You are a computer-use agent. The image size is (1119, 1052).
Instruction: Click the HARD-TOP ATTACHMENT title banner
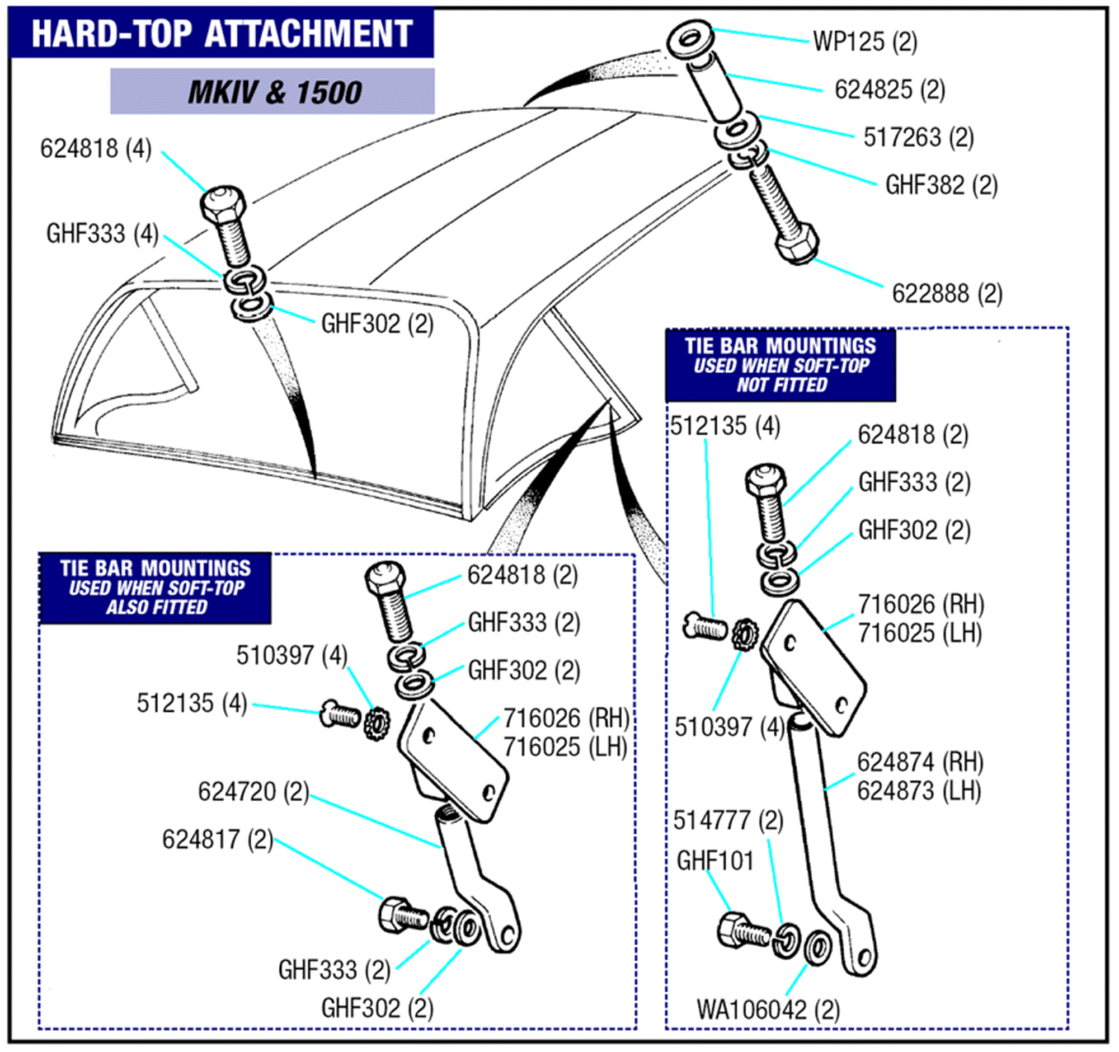coord(221,33)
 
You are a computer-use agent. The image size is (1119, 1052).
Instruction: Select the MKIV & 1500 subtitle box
coord(272,92)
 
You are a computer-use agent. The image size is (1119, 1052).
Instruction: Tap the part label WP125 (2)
coord(864,42)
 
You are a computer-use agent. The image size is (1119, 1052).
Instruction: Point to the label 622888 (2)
coord(947,294)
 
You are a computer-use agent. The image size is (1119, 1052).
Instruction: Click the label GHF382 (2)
coord(941,185)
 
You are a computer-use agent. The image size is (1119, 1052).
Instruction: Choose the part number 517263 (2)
coord(918,137)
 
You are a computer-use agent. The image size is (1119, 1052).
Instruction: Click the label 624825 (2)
coord(890,90)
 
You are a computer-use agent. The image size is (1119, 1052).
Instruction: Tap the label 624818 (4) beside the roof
coord(96,149)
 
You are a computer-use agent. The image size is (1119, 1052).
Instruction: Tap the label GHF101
coord(714,861)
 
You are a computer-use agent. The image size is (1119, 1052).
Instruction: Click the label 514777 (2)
coord(728,820)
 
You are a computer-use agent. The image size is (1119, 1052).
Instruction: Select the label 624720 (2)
coord(253,792)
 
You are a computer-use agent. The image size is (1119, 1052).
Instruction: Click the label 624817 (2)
coord(217,840)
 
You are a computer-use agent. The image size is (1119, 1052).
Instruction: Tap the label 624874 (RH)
coord(920,763)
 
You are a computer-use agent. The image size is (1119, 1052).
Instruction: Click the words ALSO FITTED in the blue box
coord(157,607)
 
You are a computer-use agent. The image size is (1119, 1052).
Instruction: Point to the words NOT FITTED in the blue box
coord(782,385)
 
